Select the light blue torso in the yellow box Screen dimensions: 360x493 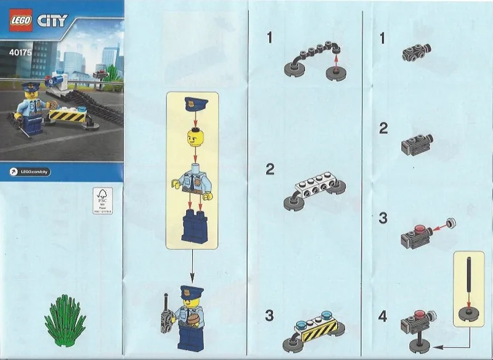[192, 184]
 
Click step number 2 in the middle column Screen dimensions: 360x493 [270, 170]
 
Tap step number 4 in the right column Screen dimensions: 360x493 [383, 317]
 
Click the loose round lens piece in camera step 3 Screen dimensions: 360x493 [453, 222]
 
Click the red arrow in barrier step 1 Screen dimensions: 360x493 [336, 62]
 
